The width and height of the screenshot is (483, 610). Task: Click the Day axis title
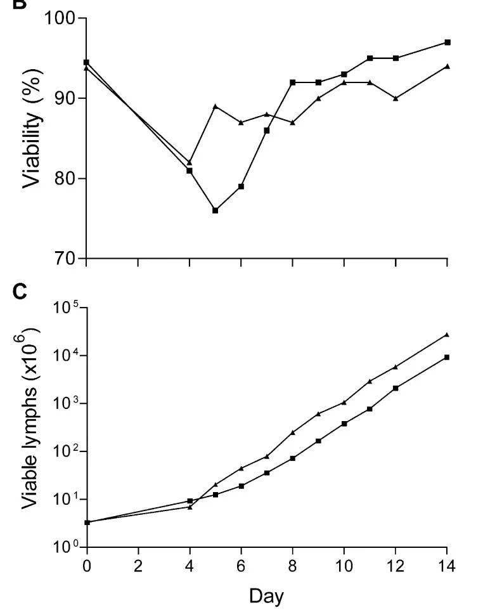coord(266,596)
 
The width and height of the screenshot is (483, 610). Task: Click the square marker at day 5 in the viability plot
coord(216,210)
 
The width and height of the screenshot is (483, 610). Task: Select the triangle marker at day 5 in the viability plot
coord(216,106)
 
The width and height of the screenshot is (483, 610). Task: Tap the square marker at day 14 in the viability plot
coord(448,42)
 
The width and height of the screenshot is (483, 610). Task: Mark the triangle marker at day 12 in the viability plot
coord(396,98)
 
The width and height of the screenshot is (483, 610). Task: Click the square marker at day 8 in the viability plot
coord(293,82)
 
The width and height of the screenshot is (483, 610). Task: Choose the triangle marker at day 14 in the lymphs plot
coord(448,334)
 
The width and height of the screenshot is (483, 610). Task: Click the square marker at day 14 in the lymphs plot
coord(448,357)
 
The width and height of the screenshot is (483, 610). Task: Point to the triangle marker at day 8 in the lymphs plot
coord(293,432)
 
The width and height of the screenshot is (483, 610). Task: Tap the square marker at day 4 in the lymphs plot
coord(190,501)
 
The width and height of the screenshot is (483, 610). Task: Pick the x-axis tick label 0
coord(87,566)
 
